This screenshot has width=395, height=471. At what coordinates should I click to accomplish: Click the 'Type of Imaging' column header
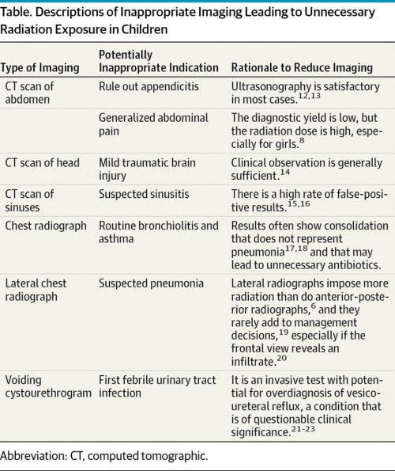[39, 67]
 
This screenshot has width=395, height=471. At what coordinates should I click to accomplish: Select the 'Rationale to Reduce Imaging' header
[302, 67]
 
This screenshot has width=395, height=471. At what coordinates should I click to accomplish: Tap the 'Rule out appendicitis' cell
[149, 86]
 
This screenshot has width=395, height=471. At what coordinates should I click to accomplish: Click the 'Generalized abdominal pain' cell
[153, 124]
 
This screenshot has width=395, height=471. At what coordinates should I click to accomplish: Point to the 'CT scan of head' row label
[42, 163]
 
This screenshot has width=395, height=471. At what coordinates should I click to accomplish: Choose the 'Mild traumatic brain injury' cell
[147, 169]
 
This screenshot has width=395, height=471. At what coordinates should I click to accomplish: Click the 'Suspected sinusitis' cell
[144, 194]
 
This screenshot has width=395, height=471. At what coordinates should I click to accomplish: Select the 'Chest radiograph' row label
[46, 226]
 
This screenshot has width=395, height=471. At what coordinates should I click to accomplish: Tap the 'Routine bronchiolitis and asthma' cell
[159, 232]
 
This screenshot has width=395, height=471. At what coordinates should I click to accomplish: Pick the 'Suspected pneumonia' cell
[151, 283]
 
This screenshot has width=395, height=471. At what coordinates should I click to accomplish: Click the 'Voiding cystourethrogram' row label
[48, 386]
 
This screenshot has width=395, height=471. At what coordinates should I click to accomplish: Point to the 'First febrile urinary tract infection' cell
[157, 386]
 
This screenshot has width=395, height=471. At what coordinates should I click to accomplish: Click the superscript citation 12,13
[310, 96]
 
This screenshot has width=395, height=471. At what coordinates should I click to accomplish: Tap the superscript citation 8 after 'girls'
[302, 141]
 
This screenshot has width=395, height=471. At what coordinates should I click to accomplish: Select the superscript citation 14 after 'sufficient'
[285, 173]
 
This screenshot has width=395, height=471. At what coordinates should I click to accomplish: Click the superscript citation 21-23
[303, 428]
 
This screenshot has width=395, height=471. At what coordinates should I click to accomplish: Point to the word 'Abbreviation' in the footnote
[33, 456]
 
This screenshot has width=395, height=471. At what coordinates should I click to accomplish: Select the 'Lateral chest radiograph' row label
[36, 290]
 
